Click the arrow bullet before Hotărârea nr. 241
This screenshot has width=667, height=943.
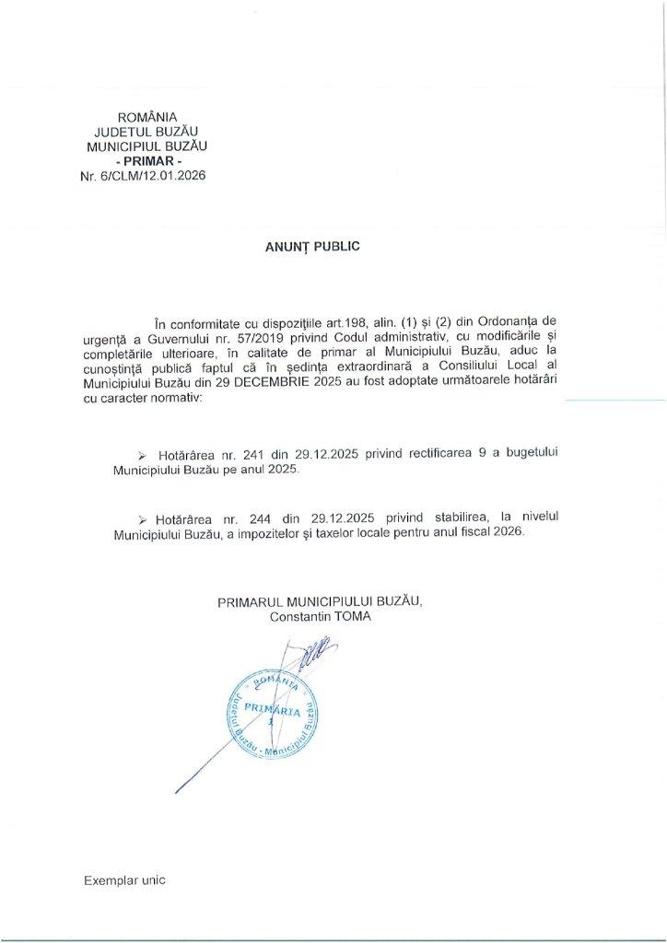tap(142, 456)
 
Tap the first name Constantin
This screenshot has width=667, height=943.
tap(300, 616)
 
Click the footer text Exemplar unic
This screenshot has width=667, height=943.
tap(124, 879)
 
